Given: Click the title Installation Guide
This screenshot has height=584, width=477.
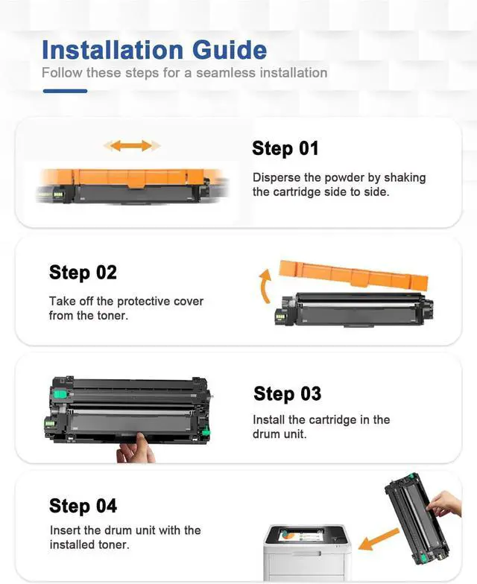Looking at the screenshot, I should (154, 50).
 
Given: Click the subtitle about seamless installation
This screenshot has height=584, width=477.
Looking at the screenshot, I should (184, 73).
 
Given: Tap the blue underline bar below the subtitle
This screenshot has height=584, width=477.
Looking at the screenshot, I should (65, 91).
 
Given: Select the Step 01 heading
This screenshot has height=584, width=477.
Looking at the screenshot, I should (285, 148).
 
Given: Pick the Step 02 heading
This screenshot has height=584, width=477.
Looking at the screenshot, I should (83, 273).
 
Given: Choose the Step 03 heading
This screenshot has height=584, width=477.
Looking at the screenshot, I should (287, 393).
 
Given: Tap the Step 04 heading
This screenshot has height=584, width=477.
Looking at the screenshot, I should (83, 507).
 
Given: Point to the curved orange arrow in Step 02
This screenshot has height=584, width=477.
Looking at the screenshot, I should (265, 287).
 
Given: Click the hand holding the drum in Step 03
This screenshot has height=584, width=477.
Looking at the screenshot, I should (136, 448).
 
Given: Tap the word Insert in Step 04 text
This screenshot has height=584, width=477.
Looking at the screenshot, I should (65, 530).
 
